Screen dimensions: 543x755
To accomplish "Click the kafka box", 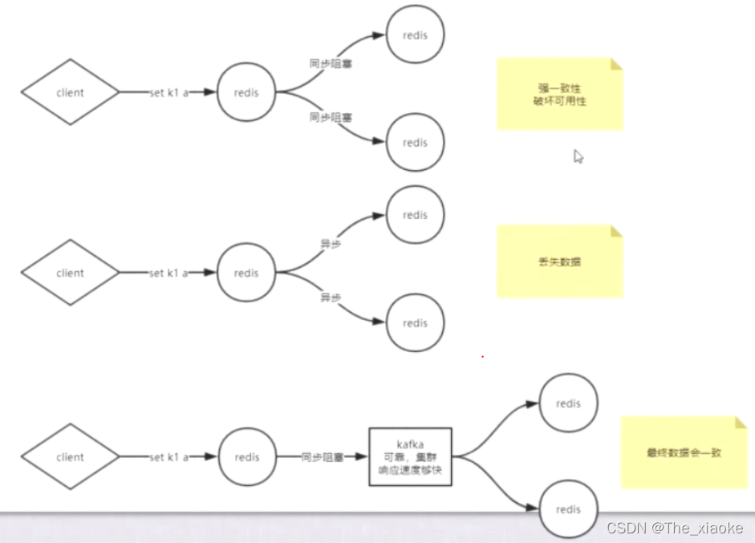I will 410,456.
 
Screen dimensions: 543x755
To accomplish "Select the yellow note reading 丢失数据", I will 559,261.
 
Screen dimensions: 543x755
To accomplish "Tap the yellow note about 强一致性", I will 559,94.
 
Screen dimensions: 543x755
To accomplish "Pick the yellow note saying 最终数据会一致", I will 684,452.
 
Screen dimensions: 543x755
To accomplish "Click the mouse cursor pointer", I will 578,156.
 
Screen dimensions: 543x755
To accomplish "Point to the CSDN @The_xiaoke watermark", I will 674,528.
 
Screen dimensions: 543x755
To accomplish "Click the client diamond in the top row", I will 70,92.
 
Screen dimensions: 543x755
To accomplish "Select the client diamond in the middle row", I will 70,273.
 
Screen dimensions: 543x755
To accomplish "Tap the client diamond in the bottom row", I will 70,457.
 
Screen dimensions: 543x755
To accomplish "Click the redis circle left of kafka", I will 247,457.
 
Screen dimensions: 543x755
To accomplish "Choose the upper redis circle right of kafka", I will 568,403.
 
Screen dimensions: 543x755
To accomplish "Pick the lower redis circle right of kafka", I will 568,509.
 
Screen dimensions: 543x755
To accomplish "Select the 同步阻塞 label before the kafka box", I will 323,457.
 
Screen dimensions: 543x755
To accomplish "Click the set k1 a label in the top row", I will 168,92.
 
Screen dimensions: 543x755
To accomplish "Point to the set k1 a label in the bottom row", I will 168,457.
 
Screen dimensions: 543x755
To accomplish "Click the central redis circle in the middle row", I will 247,273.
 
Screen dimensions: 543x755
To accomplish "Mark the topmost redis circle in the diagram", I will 415,35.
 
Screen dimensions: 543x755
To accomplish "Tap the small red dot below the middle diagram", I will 482,356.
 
